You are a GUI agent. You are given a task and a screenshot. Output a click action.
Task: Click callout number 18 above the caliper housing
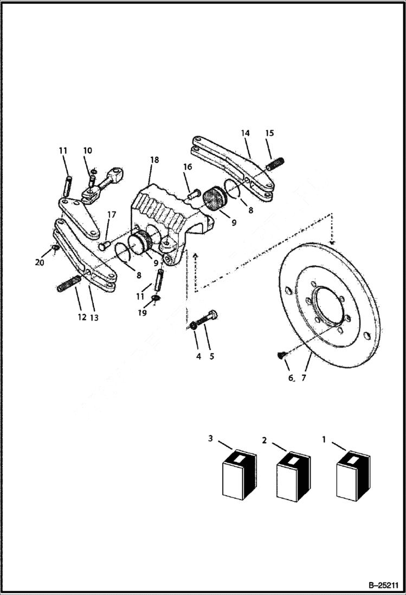point(155,160)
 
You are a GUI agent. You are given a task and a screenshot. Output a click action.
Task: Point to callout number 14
point(245,133)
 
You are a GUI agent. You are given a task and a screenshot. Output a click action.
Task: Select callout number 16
point(188,168)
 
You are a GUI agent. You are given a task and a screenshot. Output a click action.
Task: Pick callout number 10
point(87,150)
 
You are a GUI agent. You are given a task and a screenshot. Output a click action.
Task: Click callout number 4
point(198,356)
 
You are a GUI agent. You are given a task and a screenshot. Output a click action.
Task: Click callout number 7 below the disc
point(304,378)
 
